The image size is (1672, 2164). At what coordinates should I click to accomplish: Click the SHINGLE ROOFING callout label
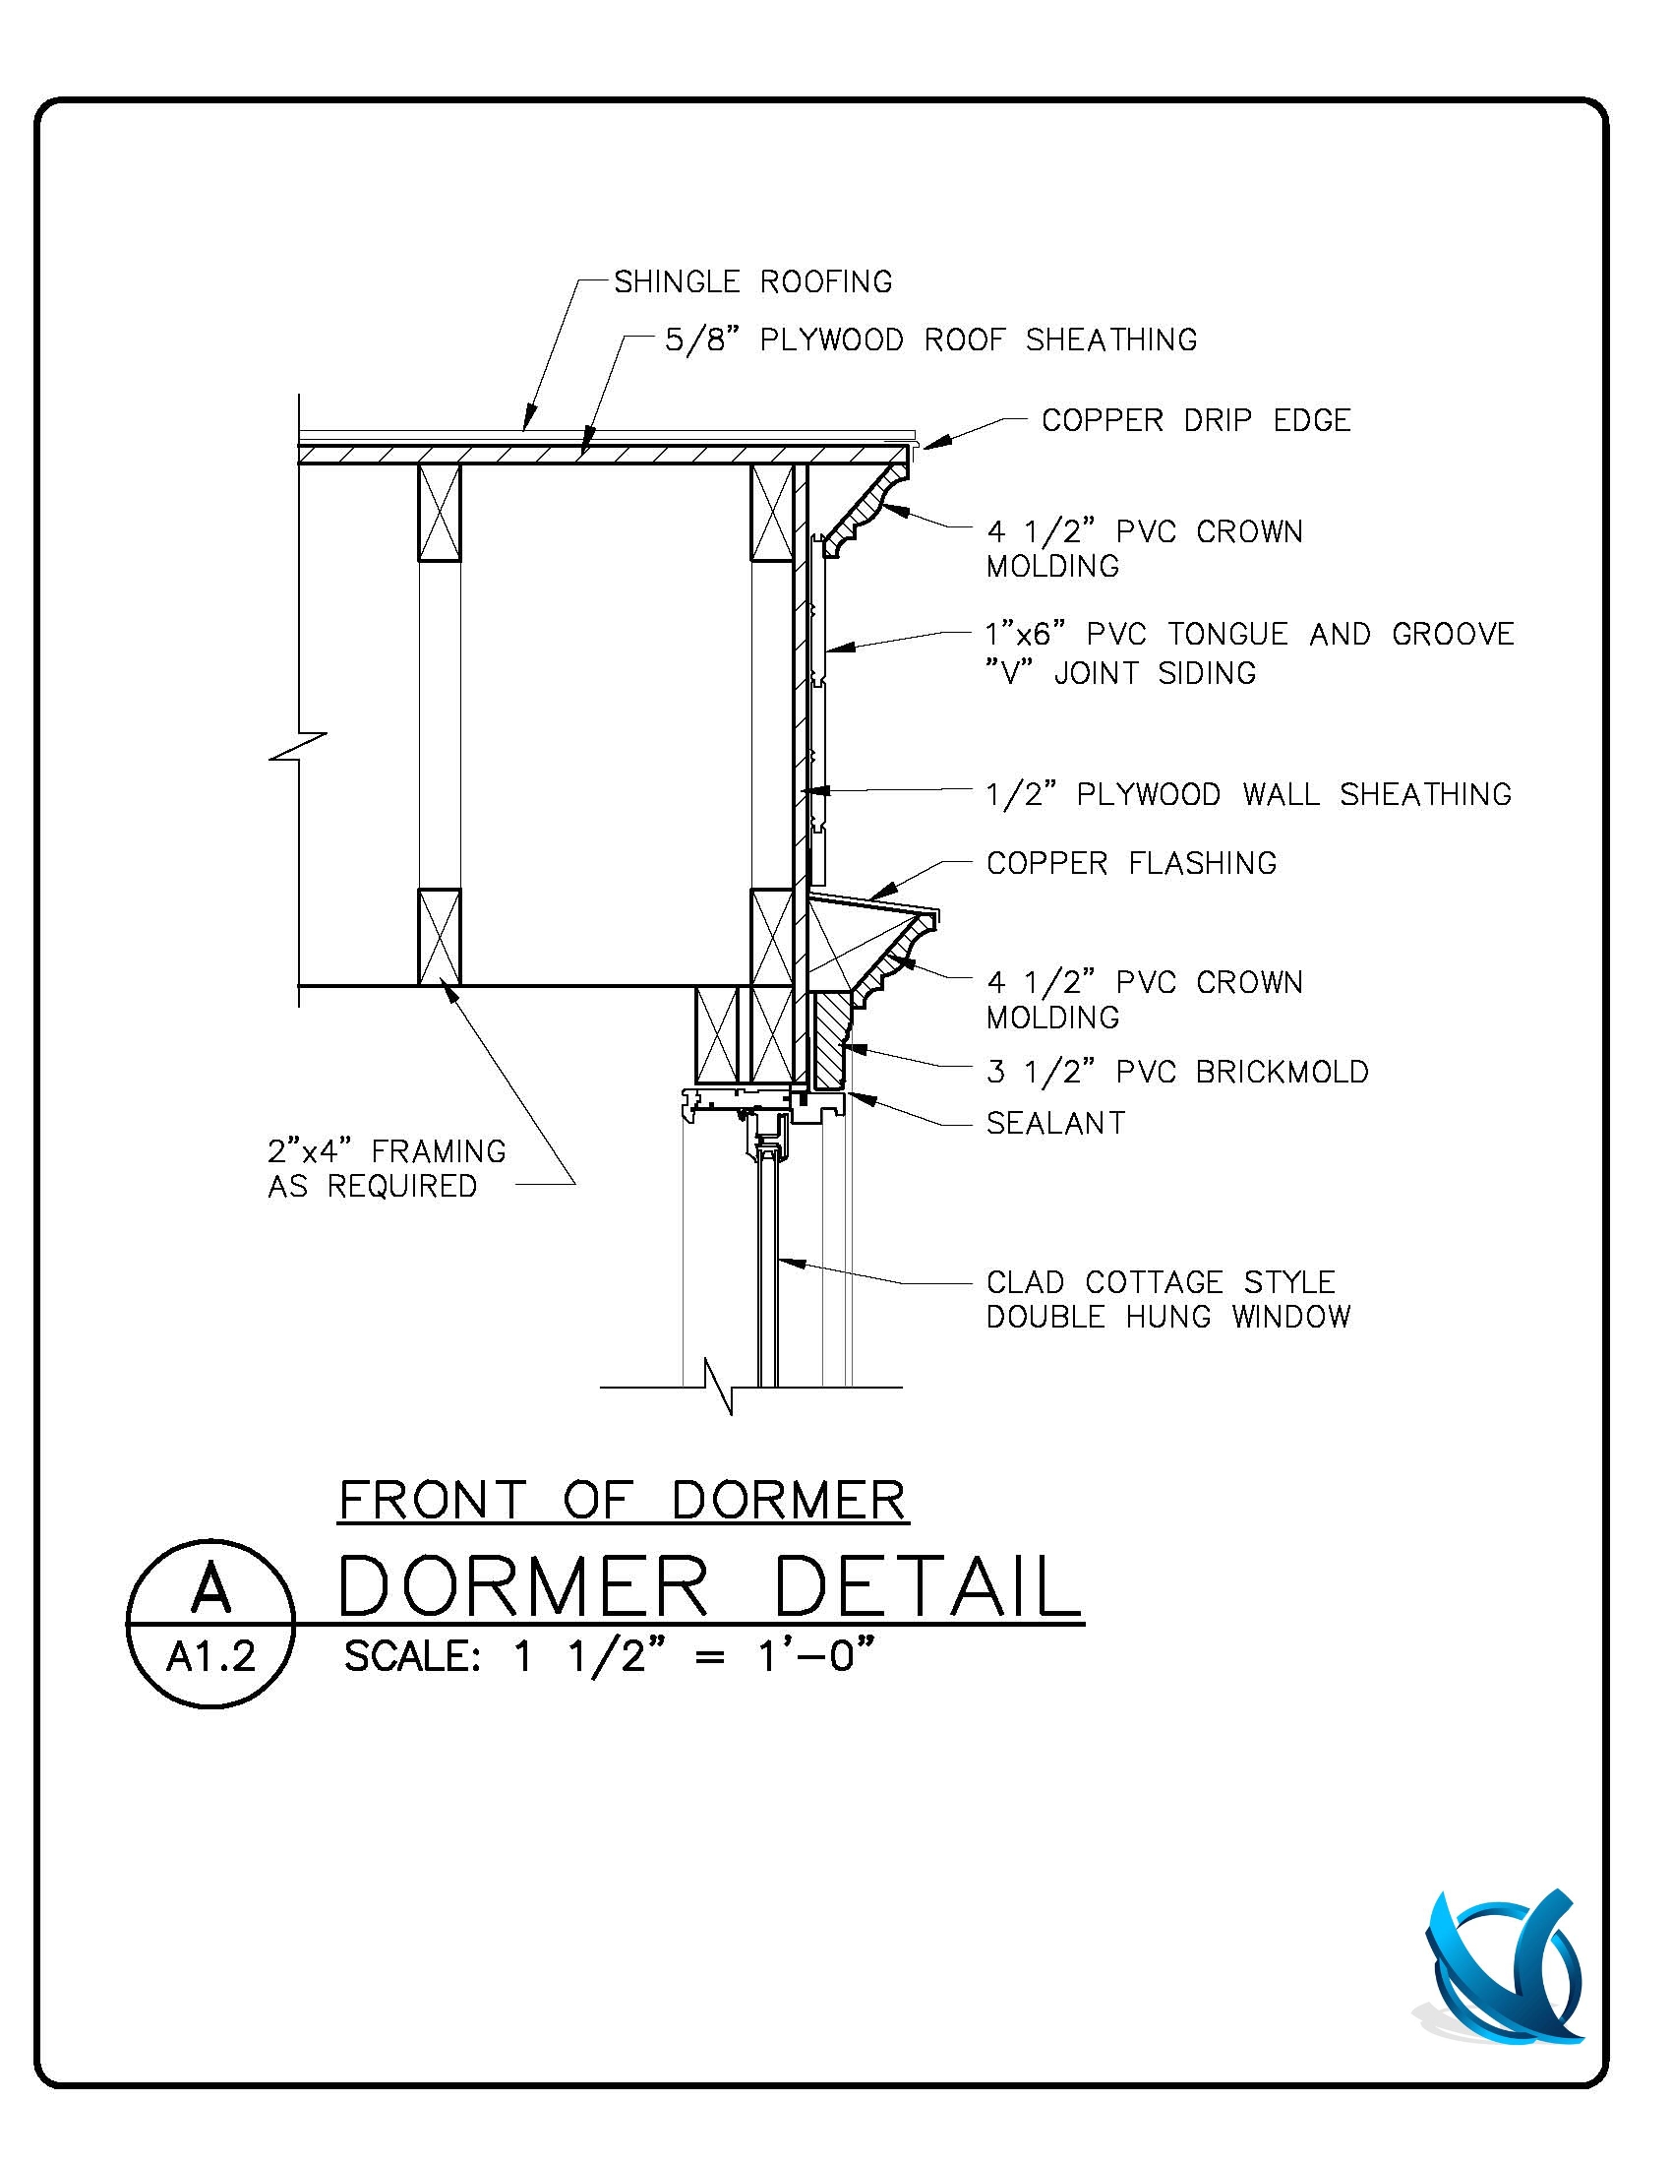(752, 282)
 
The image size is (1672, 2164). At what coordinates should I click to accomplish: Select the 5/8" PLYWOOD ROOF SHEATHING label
(930, 340)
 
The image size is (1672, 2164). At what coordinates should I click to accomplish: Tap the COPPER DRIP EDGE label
(1196, 420)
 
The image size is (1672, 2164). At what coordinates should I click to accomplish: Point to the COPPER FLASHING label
(1131, 863)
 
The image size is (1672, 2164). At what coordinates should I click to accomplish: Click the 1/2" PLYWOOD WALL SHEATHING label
(1248, 794)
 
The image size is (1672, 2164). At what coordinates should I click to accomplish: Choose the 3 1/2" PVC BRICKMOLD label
(1176, 1071)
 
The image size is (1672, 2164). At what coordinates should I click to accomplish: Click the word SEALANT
(1056, 1123)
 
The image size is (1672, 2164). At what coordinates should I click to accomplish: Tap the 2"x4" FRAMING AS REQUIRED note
(387, 1168)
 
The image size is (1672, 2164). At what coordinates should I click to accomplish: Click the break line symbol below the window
(719, 1387)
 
